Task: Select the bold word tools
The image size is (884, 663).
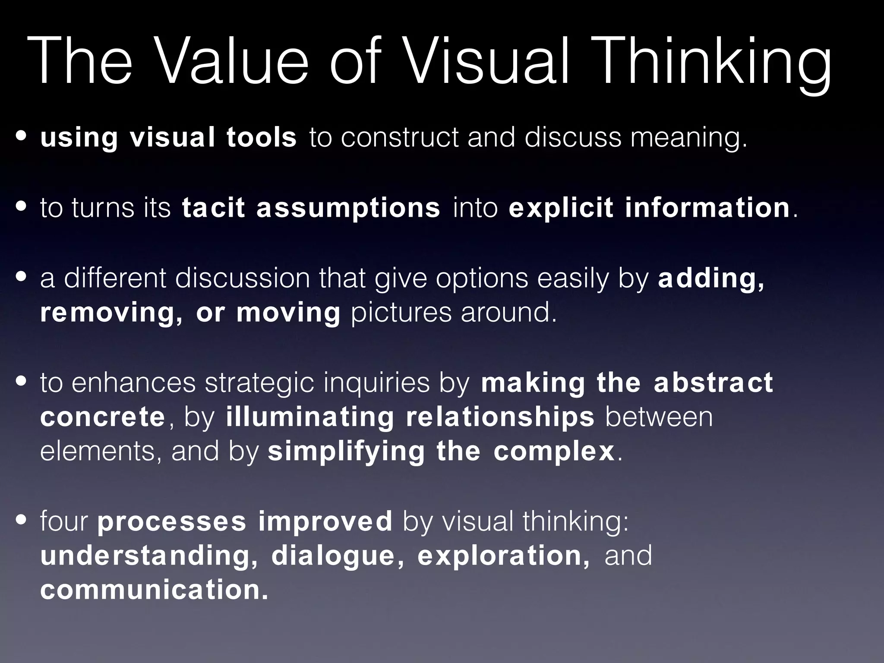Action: (x=262, y=137)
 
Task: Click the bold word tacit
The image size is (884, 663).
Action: (x=213, y=208)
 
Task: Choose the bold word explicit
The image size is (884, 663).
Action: (x=560, y=208)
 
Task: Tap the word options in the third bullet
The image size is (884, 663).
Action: (x=481, y=278)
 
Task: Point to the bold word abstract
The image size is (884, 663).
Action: (x=713, y=382)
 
